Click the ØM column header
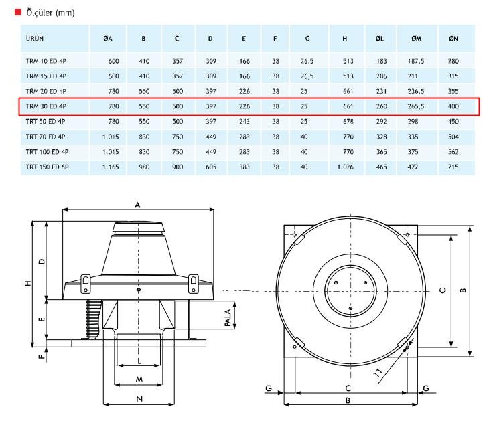click(x=416, y=39)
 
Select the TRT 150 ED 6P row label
click(x=48, y=167)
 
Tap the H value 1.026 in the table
click(x=345, y=167)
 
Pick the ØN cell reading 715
click(x=453, y=167)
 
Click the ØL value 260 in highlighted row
click(x=381, y=106)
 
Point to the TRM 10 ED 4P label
click(x=46, y=61)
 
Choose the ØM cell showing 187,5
click(x=416, y=61)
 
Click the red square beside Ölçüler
click(x=18, y=12)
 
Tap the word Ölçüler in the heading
click(x=40, y=13)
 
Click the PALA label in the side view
click(x=228, y=318)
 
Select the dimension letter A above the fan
click(x=137, y=205)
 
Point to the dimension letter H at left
click(x=28, y=283)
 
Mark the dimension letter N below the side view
click(x=139, y=399)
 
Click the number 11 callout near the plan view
click(x=378, y=372)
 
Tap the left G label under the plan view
click(x=269, y=388)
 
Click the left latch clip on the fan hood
click(x=86, y=284)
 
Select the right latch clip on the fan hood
click(x=193, y=284)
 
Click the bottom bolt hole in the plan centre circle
click(x=350, y=309)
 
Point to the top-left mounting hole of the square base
click(x=294, y=234)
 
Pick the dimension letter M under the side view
click(x=139, y=380)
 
